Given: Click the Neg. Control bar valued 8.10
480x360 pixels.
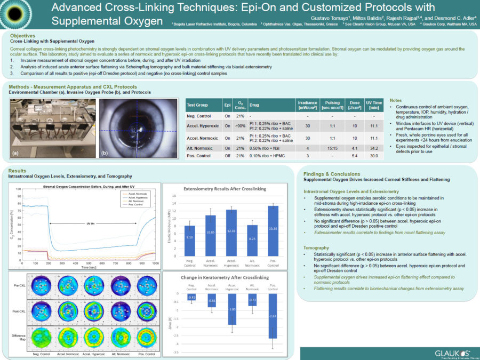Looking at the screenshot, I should click(x=189, y=240).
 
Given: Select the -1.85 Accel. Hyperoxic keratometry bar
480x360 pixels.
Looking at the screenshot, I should click(x=231, y=309).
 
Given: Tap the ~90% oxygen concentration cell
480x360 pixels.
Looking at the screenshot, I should click(x=241, y=125).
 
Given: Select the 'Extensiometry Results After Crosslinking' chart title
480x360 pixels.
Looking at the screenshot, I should click(x=228, y=189).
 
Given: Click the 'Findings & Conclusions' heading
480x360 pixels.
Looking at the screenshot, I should click(x=332, y=174).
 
